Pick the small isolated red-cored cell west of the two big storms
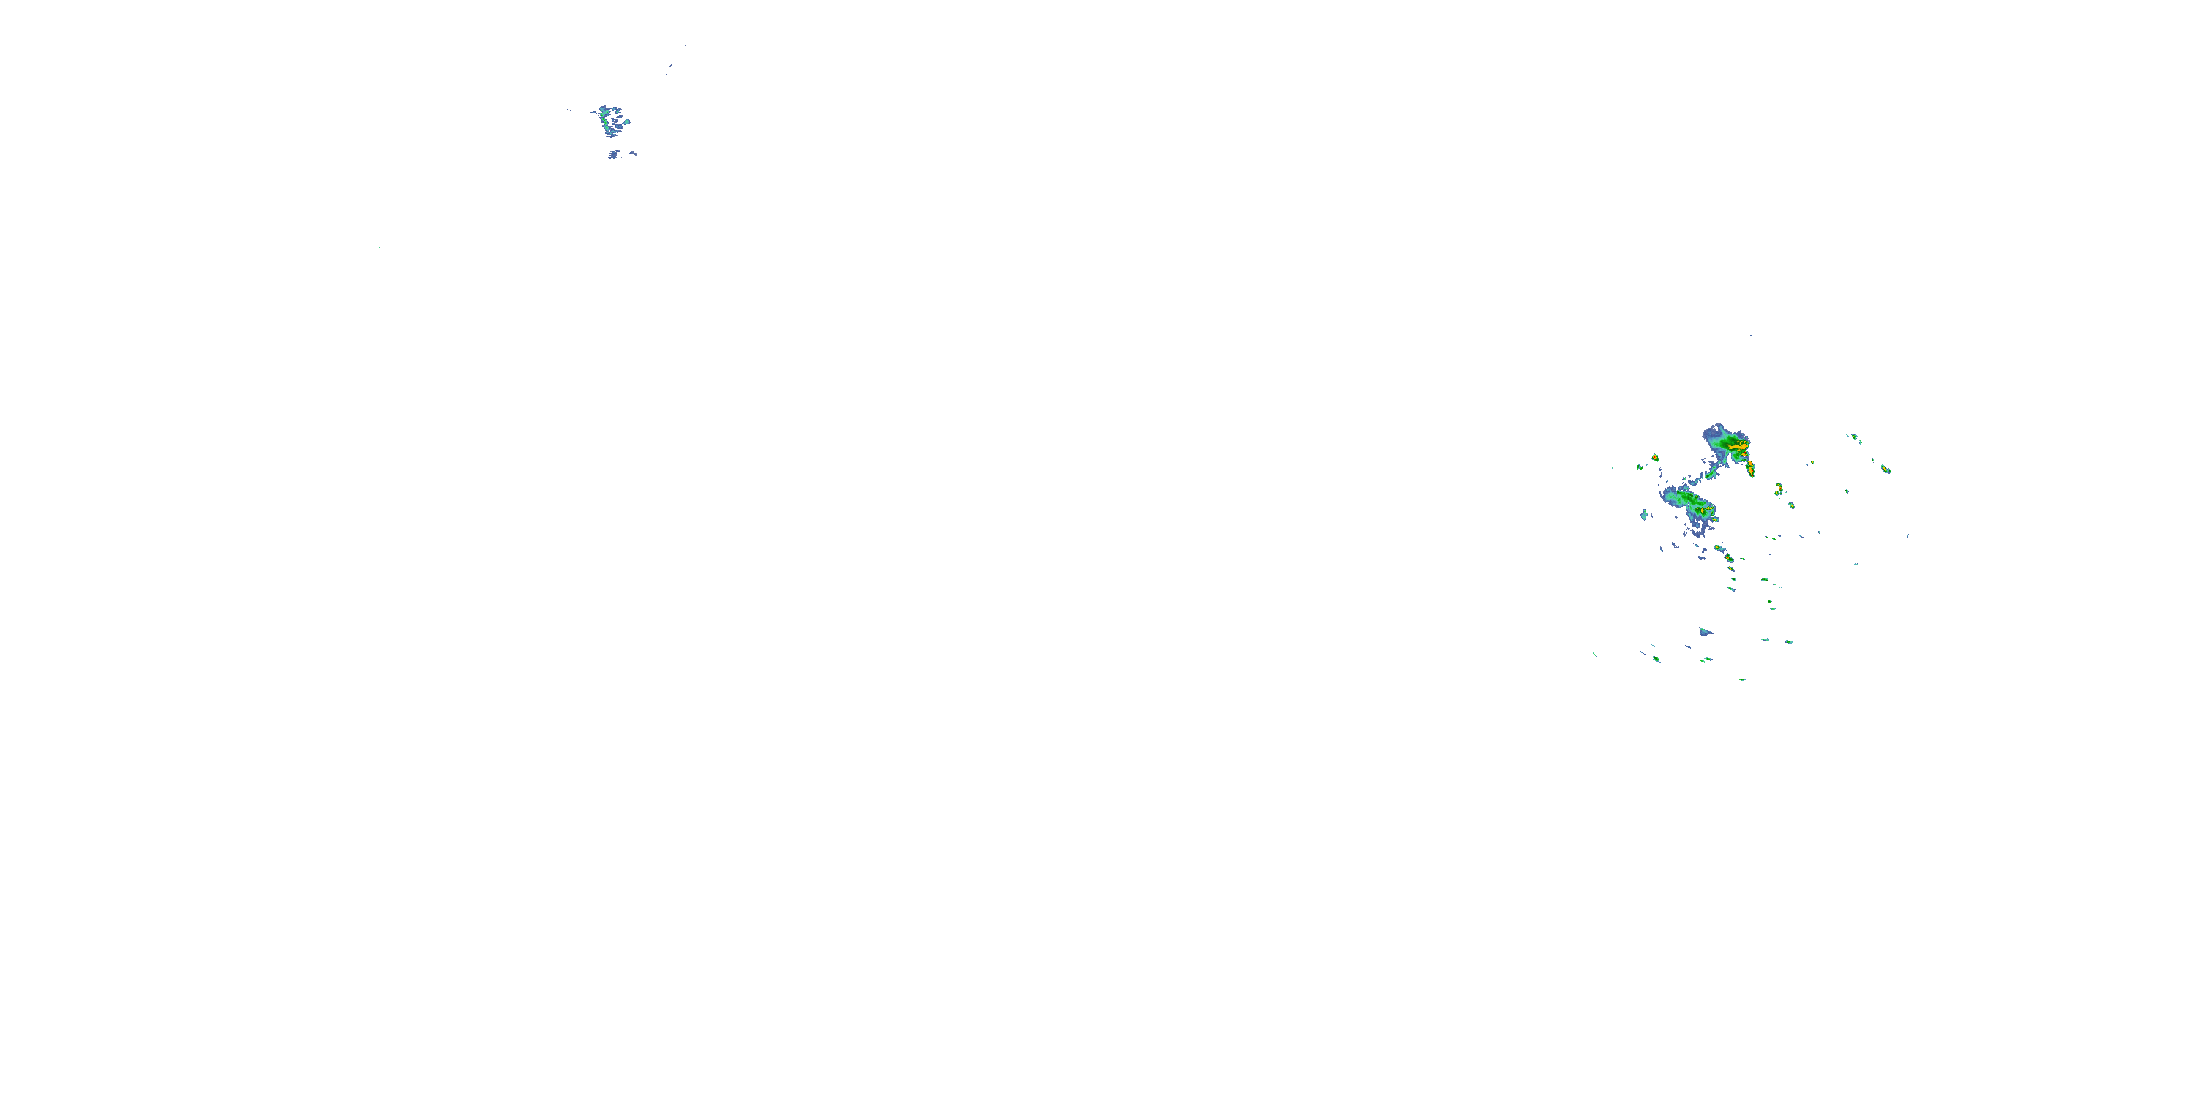tap(1655, 457)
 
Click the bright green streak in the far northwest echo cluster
tap(606, 124)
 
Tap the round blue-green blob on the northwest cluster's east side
tap(626, 123)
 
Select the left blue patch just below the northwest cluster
tap(614, 154)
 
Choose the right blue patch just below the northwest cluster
tap(632, 154)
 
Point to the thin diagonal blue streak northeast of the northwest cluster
tap(669, 67)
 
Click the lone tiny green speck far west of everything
tap(380, 249)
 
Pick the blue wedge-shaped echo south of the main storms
tap(1705, 632)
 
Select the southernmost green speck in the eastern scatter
tap(1741, 679)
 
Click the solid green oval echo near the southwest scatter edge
tap(1656, 658)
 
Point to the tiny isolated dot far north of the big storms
tap(1751, 336)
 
